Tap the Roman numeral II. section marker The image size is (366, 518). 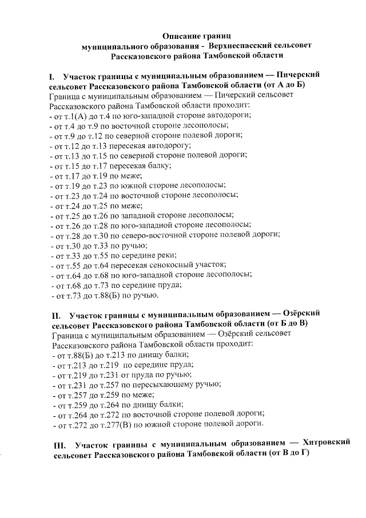point(56,315)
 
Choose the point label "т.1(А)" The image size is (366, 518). point(76,115)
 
